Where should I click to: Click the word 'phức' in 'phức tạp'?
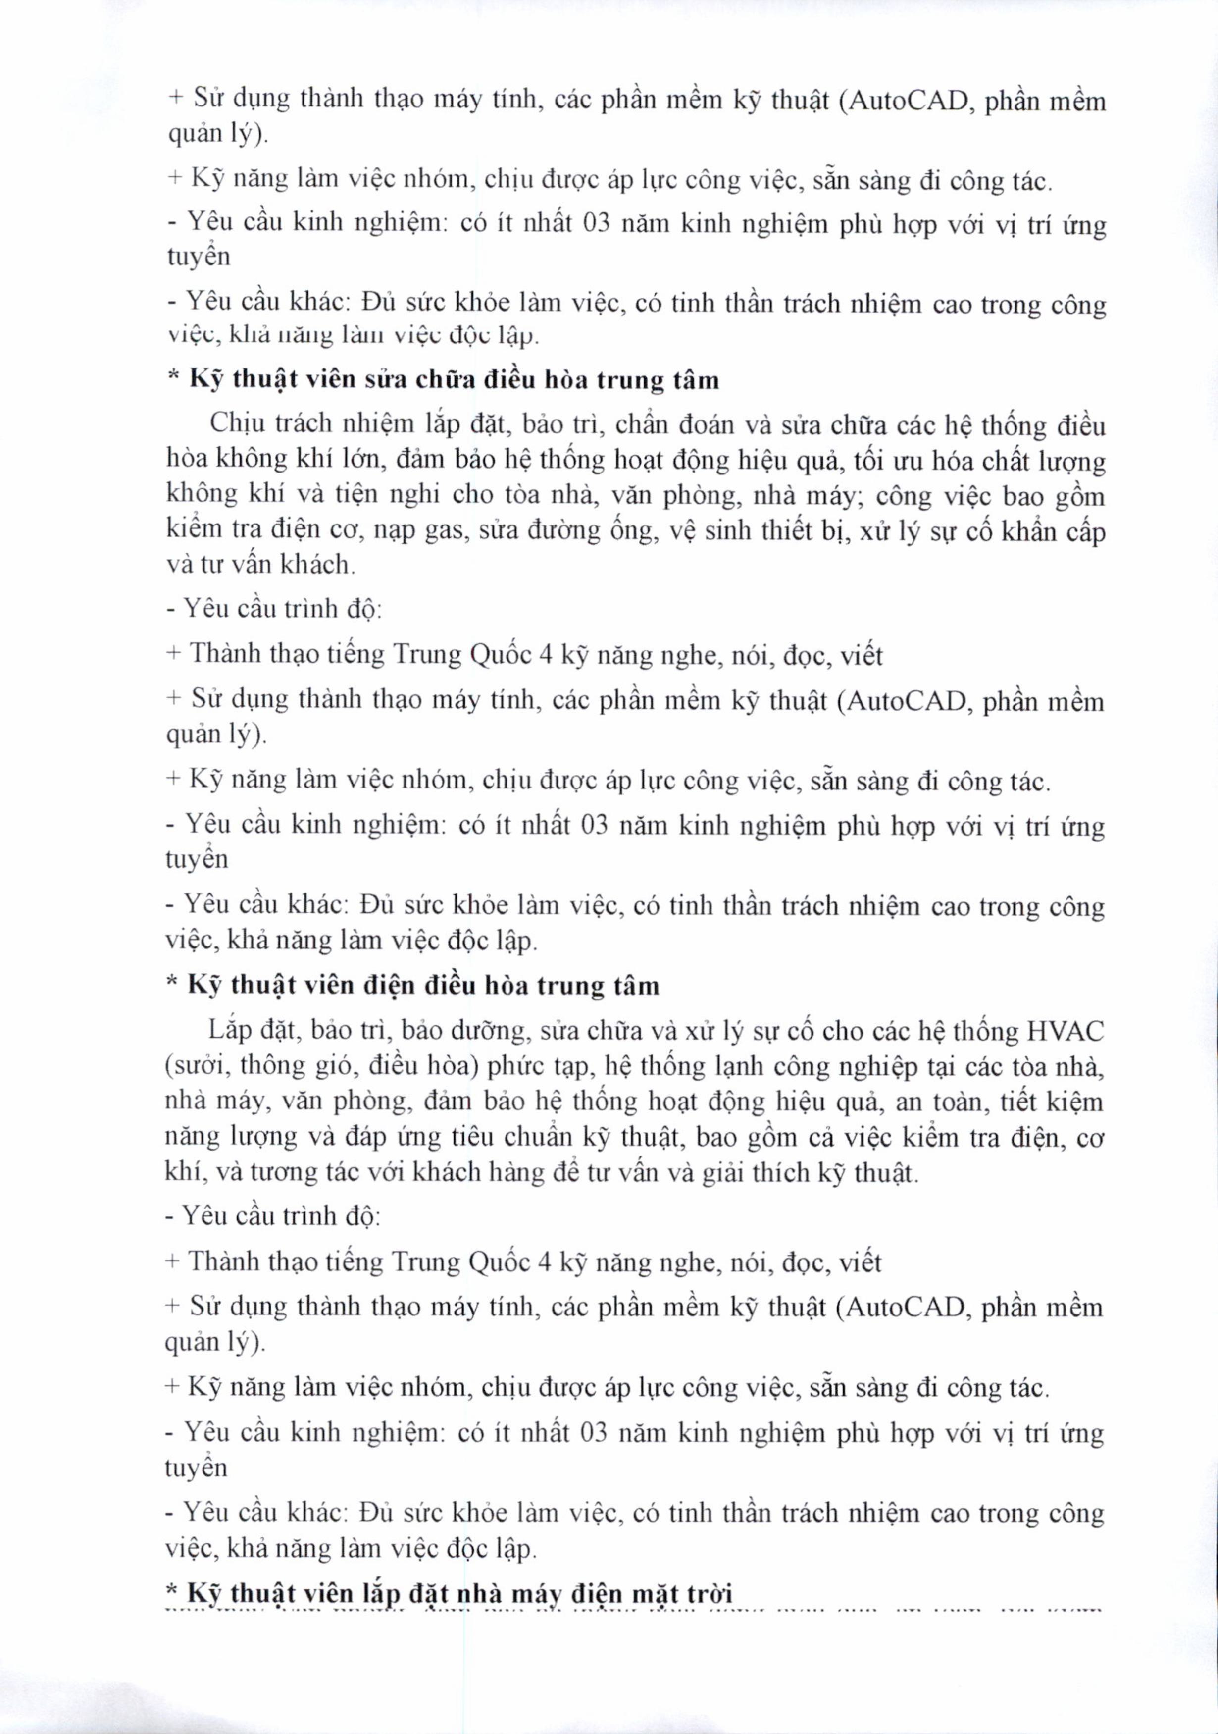tap(516, 1067)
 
